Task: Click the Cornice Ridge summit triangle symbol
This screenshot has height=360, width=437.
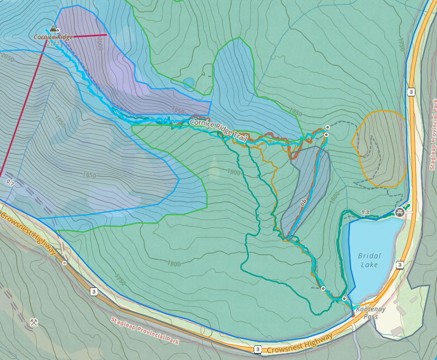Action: point(53,28)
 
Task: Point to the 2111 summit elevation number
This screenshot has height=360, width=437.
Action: point(53,43)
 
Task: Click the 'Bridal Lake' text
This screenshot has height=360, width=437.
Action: point(369,260)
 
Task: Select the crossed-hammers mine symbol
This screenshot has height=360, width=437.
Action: point(34,323)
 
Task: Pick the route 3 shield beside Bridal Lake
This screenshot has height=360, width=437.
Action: point(400,265)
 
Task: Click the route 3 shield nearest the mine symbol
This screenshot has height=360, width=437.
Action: point(94,292)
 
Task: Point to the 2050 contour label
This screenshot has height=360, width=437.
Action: point(8,57)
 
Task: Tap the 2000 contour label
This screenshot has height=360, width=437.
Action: point(100,43)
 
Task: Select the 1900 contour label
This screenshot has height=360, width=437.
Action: point(234,172)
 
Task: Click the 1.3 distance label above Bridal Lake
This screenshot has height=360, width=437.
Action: point(365,212)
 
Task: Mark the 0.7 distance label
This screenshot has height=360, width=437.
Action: point(10,183)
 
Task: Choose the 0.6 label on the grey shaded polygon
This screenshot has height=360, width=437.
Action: point(304,201)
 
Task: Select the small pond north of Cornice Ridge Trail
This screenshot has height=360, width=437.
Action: point(188,83)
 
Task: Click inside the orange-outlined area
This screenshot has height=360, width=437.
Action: point(380,149)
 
